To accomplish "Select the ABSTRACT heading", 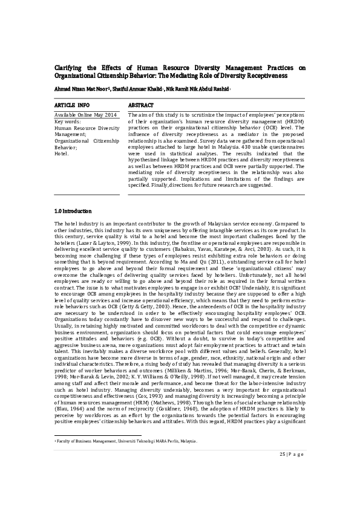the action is (x=141, y=105).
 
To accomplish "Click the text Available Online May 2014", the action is (x=85, y=115).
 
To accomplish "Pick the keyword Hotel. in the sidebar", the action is (x=62, y=154).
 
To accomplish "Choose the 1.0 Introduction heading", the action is (x=73, y=211).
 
